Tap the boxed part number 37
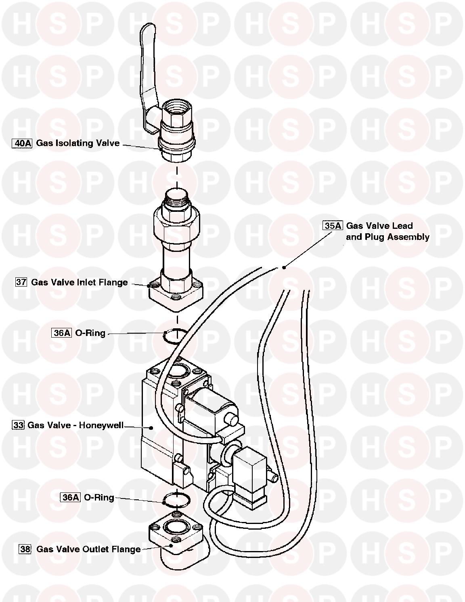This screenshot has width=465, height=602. (21, 282)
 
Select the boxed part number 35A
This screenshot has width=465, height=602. (333, 226)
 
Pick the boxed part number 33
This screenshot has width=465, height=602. (19, 425)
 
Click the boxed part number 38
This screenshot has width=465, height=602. (25, 549)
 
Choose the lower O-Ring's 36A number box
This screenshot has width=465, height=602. (71, 497)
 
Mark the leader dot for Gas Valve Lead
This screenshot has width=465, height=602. (284, 267)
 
